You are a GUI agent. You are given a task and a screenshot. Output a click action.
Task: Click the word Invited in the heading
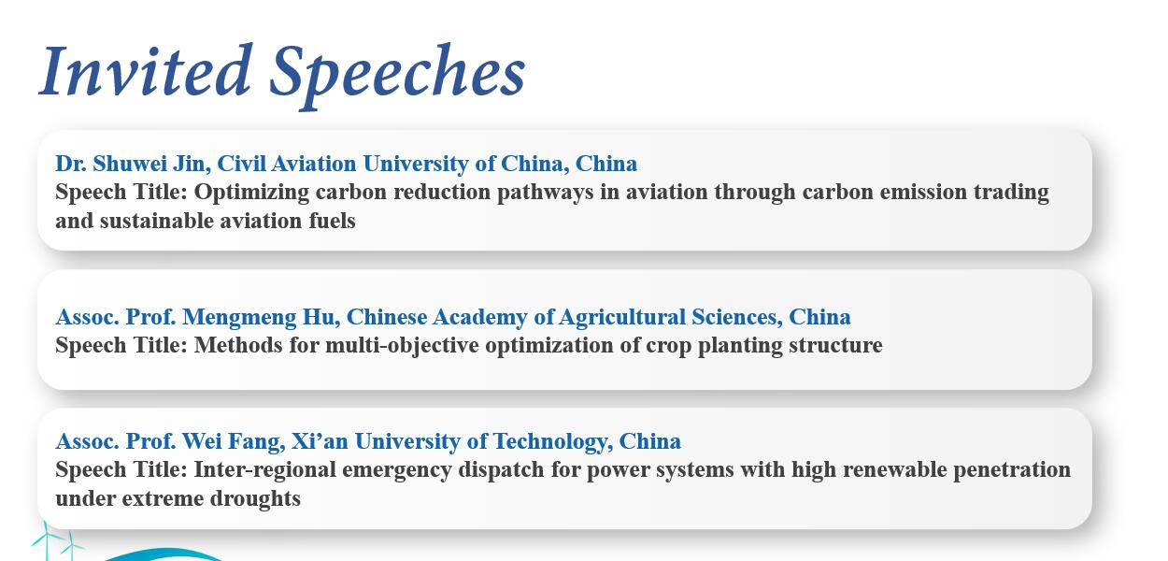coord(146,70)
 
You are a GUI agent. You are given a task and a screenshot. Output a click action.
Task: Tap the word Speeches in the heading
coord(397,75)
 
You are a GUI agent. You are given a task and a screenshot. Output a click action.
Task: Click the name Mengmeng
coord(239,318)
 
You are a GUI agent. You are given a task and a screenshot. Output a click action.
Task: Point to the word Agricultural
coord(622,318)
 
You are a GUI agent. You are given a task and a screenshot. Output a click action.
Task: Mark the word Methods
coord(238,345)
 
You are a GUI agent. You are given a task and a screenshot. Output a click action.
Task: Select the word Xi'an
coord(320,441)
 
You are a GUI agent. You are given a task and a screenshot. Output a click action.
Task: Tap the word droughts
coord(255,498)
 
